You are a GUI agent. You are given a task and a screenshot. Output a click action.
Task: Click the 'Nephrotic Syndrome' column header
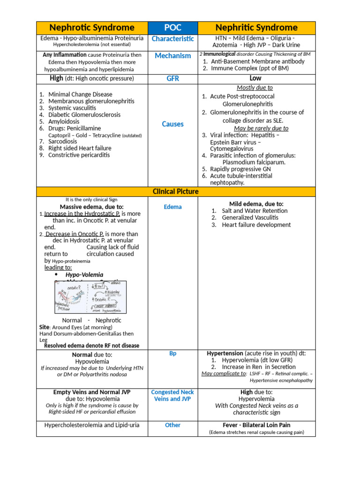tap(92, 28)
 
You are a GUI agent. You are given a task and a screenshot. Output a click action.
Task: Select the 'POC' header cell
tap(172, 28)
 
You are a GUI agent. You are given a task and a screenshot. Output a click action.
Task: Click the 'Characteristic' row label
tap(172, 39)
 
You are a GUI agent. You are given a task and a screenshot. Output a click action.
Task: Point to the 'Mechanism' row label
tap(172, 56)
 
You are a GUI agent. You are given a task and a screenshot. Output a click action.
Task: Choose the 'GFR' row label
tap(172, 79)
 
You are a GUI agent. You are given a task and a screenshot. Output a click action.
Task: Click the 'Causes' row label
tap(172, 124)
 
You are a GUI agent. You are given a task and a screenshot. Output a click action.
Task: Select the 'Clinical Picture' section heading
tap(176, 192)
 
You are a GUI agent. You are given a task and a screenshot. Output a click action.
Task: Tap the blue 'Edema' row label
tap(172, 207)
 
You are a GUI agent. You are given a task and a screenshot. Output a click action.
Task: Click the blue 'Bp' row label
tap(172, 353)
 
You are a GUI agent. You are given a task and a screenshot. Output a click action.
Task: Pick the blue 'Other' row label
tap(172, 425)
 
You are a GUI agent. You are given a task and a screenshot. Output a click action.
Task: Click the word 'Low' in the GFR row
tap(255, 78)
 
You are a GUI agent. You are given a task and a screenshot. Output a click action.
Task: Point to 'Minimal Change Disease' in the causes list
tap(80, 95)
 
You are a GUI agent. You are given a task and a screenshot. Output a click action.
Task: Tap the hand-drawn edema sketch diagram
tap(90, 297)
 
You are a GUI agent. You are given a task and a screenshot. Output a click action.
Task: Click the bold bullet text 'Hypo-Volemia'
tap(84, 275)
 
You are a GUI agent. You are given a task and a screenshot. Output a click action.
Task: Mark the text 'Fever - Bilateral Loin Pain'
tap(256, 425)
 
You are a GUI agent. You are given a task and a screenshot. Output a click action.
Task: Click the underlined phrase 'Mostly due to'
tap(255, 88)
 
